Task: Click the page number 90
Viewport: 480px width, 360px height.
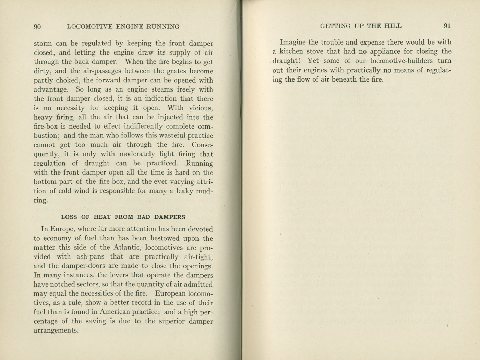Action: click(x=37, y=27)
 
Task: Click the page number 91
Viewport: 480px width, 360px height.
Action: click(x=447, y=26)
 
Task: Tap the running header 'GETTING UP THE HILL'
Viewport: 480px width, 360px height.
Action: click(x=361, y=26)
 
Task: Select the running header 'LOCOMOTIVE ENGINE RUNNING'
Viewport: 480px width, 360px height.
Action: click(x=123, y=27)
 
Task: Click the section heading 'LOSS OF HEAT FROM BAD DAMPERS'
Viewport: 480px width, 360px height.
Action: click(x=123, y=217)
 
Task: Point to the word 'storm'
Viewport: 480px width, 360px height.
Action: click(x=43, y=44)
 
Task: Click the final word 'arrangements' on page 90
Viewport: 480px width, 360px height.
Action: click(x=56, y=331)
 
